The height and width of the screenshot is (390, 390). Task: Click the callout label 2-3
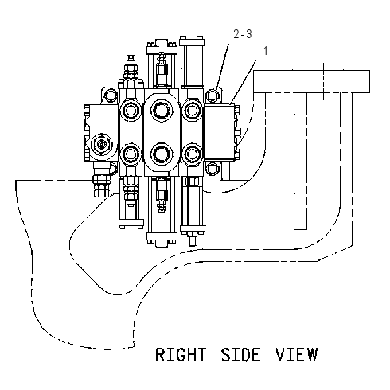243,34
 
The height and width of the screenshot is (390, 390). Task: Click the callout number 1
266,51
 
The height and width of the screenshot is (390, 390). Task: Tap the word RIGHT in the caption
181,355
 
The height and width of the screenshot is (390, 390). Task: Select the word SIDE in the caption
241,355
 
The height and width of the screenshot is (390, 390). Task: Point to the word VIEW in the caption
297,355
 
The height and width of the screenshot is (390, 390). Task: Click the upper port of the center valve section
162,110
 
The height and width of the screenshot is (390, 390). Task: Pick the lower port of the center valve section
162,154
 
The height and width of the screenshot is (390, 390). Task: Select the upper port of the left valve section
131,111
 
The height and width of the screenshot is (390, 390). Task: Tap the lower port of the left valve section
131,154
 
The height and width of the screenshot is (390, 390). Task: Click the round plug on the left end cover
102,145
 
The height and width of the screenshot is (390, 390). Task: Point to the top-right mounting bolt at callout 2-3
213,96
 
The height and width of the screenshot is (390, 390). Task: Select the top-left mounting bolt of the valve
111,96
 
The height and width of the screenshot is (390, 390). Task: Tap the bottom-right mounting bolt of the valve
213,169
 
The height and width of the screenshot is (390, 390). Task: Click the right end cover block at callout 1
220,132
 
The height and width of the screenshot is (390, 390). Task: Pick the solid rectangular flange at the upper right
311,81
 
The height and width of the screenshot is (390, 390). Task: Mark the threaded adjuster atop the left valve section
131,67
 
